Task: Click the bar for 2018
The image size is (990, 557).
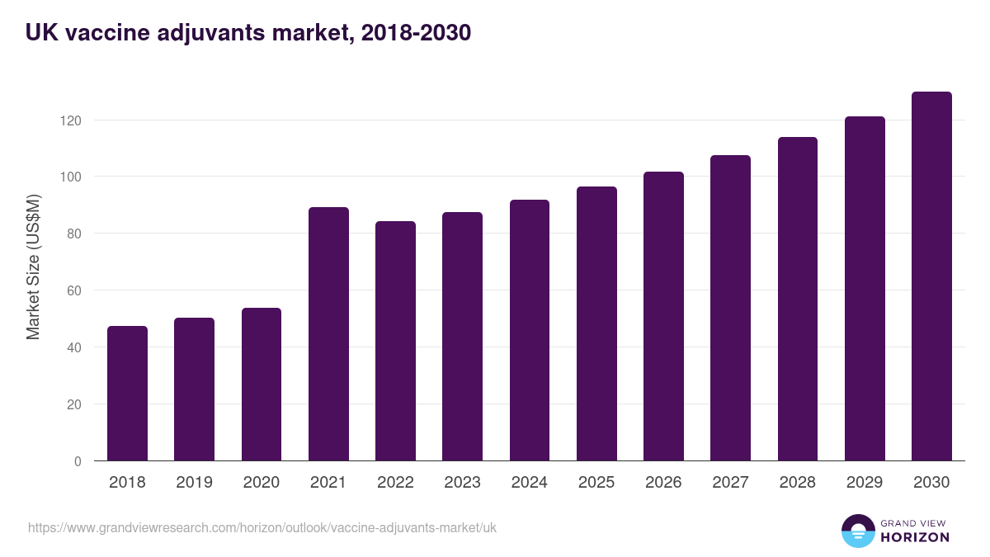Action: point(127,394)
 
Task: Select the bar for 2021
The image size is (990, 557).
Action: point(328,334)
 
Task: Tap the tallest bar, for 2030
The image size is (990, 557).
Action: point(931,276)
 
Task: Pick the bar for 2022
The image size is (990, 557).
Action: point(395,341)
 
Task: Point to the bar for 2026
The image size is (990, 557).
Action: point(663,316)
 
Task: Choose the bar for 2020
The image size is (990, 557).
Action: point(262,385)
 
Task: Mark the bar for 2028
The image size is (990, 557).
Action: point(798,299)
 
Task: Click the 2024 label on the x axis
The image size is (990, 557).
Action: point(529,483)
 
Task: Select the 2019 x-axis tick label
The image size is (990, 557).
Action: point(194,483)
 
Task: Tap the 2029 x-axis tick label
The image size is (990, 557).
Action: point(865,483)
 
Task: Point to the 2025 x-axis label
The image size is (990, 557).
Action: point(596,483)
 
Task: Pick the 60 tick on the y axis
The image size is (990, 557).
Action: point(74,290)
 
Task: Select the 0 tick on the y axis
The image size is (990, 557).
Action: point(78,461)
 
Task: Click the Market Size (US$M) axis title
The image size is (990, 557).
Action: point(34,267)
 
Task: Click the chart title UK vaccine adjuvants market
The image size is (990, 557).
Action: point(247,33)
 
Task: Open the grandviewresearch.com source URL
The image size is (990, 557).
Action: point(262,527)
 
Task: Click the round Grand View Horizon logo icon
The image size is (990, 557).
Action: point(857,531)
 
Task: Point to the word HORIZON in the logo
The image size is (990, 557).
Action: point(914,537)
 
